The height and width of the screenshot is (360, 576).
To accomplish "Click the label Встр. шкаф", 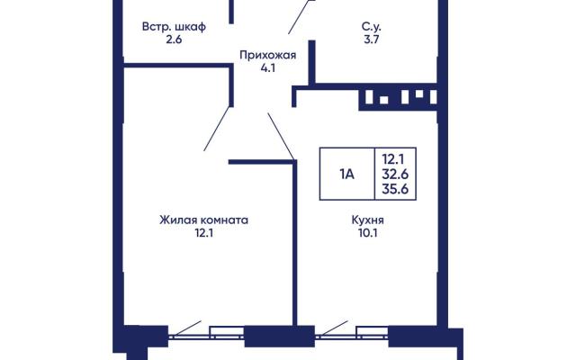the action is [174, 27].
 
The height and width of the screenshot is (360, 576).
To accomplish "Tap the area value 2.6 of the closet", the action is [174, 40].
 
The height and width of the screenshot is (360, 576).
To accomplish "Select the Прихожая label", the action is [267, 55].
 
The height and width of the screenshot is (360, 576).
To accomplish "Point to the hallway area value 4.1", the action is [268, 68].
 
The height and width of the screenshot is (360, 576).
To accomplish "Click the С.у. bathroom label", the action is [372, 26].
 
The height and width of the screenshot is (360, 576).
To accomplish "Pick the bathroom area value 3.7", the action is [371, 40].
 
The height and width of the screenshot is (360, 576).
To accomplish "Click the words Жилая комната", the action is [204, 220].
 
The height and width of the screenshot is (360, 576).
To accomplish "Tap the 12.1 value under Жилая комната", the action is [204, 233].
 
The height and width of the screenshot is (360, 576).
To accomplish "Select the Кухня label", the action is [368, 220].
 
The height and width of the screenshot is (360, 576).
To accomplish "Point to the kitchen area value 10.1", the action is [368, 233].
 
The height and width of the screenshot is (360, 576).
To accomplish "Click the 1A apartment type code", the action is [346, 175].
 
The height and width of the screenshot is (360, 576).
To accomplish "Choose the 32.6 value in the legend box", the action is [395, 174].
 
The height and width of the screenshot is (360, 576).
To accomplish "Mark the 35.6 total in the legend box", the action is [395, 189].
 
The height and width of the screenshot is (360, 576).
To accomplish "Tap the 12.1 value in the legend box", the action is [393, 159].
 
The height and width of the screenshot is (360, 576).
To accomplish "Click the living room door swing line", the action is [217, 129].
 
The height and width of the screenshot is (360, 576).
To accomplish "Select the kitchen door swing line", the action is [281, 136].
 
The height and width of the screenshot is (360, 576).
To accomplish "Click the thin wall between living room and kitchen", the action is [294, 242].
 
